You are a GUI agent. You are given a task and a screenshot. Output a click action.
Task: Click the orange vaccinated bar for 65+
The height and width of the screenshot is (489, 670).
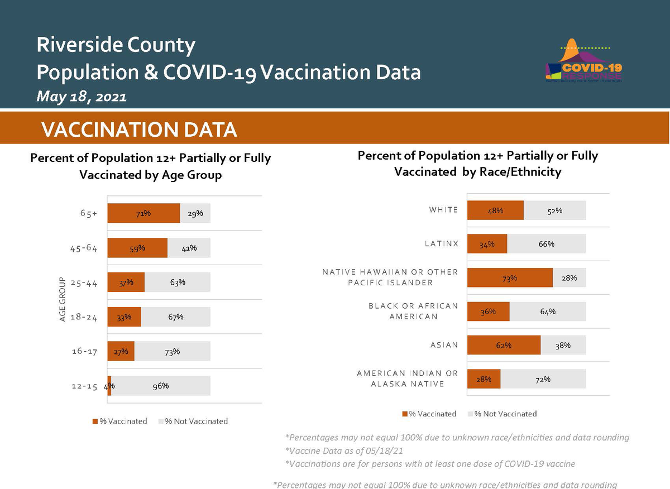(143, 213)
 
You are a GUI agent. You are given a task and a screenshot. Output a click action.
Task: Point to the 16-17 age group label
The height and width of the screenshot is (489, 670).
(85, 352)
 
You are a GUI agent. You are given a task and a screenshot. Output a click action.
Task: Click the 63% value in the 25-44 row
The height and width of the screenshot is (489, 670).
(178, 282)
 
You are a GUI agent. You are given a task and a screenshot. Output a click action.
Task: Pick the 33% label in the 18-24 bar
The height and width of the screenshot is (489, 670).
(124, 317)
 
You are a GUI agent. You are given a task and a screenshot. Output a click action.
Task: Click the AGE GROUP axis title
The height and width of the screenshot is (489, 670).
(63, 299)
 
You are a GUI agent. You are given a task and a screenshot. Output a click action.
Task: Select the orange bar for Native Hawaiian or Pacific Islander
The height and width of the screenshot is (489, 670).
(510, 278)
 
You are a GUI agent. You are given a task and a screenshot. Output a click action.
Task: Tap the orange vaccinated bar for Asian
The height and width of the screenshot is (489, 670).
(504, 345)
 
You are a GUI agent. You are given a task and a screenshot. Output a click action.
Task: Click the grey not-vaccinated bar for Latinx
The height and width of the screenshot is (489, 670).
(547, 244)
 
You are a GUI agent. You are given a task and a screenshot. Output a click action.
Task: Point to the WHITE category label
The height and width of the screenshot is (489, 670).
(443, 210)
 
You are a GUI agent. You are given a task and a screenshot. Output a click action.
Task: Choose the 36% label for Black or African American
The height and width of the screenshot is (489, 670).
(488, 311)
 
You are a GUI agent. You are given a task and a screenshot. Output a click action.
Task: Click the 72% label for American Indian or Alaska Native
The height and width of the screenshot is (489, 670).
(543, 379)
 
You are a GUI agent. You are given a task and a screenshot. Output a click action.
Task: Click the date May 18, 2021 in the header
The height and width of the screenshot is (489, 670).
(82, 97)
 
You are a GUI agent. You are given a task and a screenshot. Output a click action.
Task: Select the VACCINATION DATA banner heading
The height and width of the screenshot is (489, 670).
(139, 130)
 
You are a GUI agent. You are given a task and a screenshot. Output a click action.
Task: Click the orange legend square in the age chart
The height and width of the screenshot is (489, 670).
(95, 421)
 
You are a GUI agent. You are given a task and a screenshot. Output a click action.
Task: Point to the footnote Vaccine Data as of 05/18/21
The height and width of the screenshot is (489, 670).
(344, 450)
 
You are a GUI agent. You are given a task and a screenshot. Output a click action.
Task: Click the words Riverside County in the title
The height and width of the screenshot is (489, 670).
(116, 45)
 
